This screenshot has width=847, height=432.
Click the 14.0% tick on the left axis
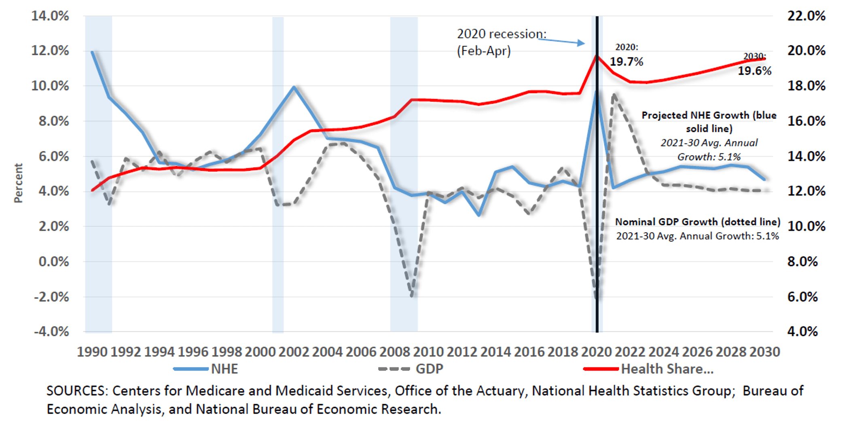click(50, 16)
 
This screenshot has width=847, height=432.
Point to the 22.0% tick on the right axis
click(806, 16)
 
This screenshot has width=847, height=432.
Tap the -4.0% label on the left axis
click(51, 332)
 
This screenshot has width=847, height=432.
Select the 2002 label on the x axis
click(294, 352)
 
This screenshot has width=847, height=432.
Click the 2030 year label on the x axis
click(764, 352)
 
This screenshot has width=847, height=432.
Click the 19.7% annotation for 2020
click(626, 61)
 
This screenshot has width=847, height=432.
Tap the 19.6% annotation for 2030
click(754, 71)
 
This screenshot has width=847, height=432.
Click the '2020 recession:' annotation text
click(501, 34)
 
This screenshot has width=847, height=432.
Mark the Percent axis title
click(18, 183)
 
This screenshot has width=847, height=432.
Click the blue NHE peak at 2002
click(294, 87)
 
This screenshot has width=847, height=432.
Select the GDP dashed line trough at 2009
click(412, 295)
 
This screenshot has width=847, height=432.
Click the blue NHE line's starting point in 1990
click(92, 52)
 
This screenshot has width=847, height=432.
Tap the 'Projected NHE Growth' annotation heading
click(709, 115)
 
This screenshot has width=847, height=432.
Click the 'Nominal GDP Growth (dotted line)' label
click(697, 222)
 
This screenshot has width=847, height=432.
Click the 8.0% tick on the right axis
click(802, 262)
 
